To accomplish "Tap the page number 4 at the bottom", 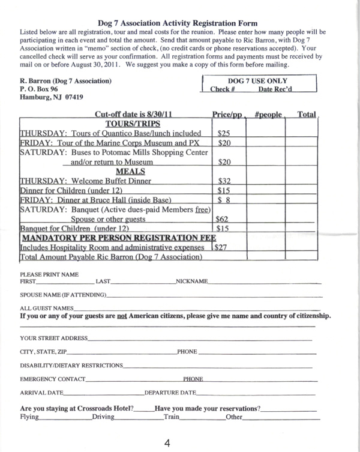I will pyautogui.click(x=168, y=443).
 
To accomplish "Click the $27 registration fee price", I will pyautogui.click(x=223, y=247).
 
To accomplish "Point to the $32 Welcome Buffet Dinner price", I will pyautogui.click(x=223, y=179).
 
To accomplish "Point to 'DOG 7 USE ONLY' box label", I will pyautogui.click(x=257, y=81).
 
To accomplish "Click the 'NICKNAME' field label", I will pyautogui.click(x=191, y=282).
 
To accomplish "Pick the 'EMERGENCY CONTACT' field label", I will pyautogui.click(x=53, y=379).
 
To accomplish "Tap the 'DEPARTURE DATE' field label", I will pyautogui.click(x=170, y=393).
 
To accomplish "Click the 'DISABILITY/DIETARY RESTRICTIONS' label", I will pyautogui.click(x=71, y=366).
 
